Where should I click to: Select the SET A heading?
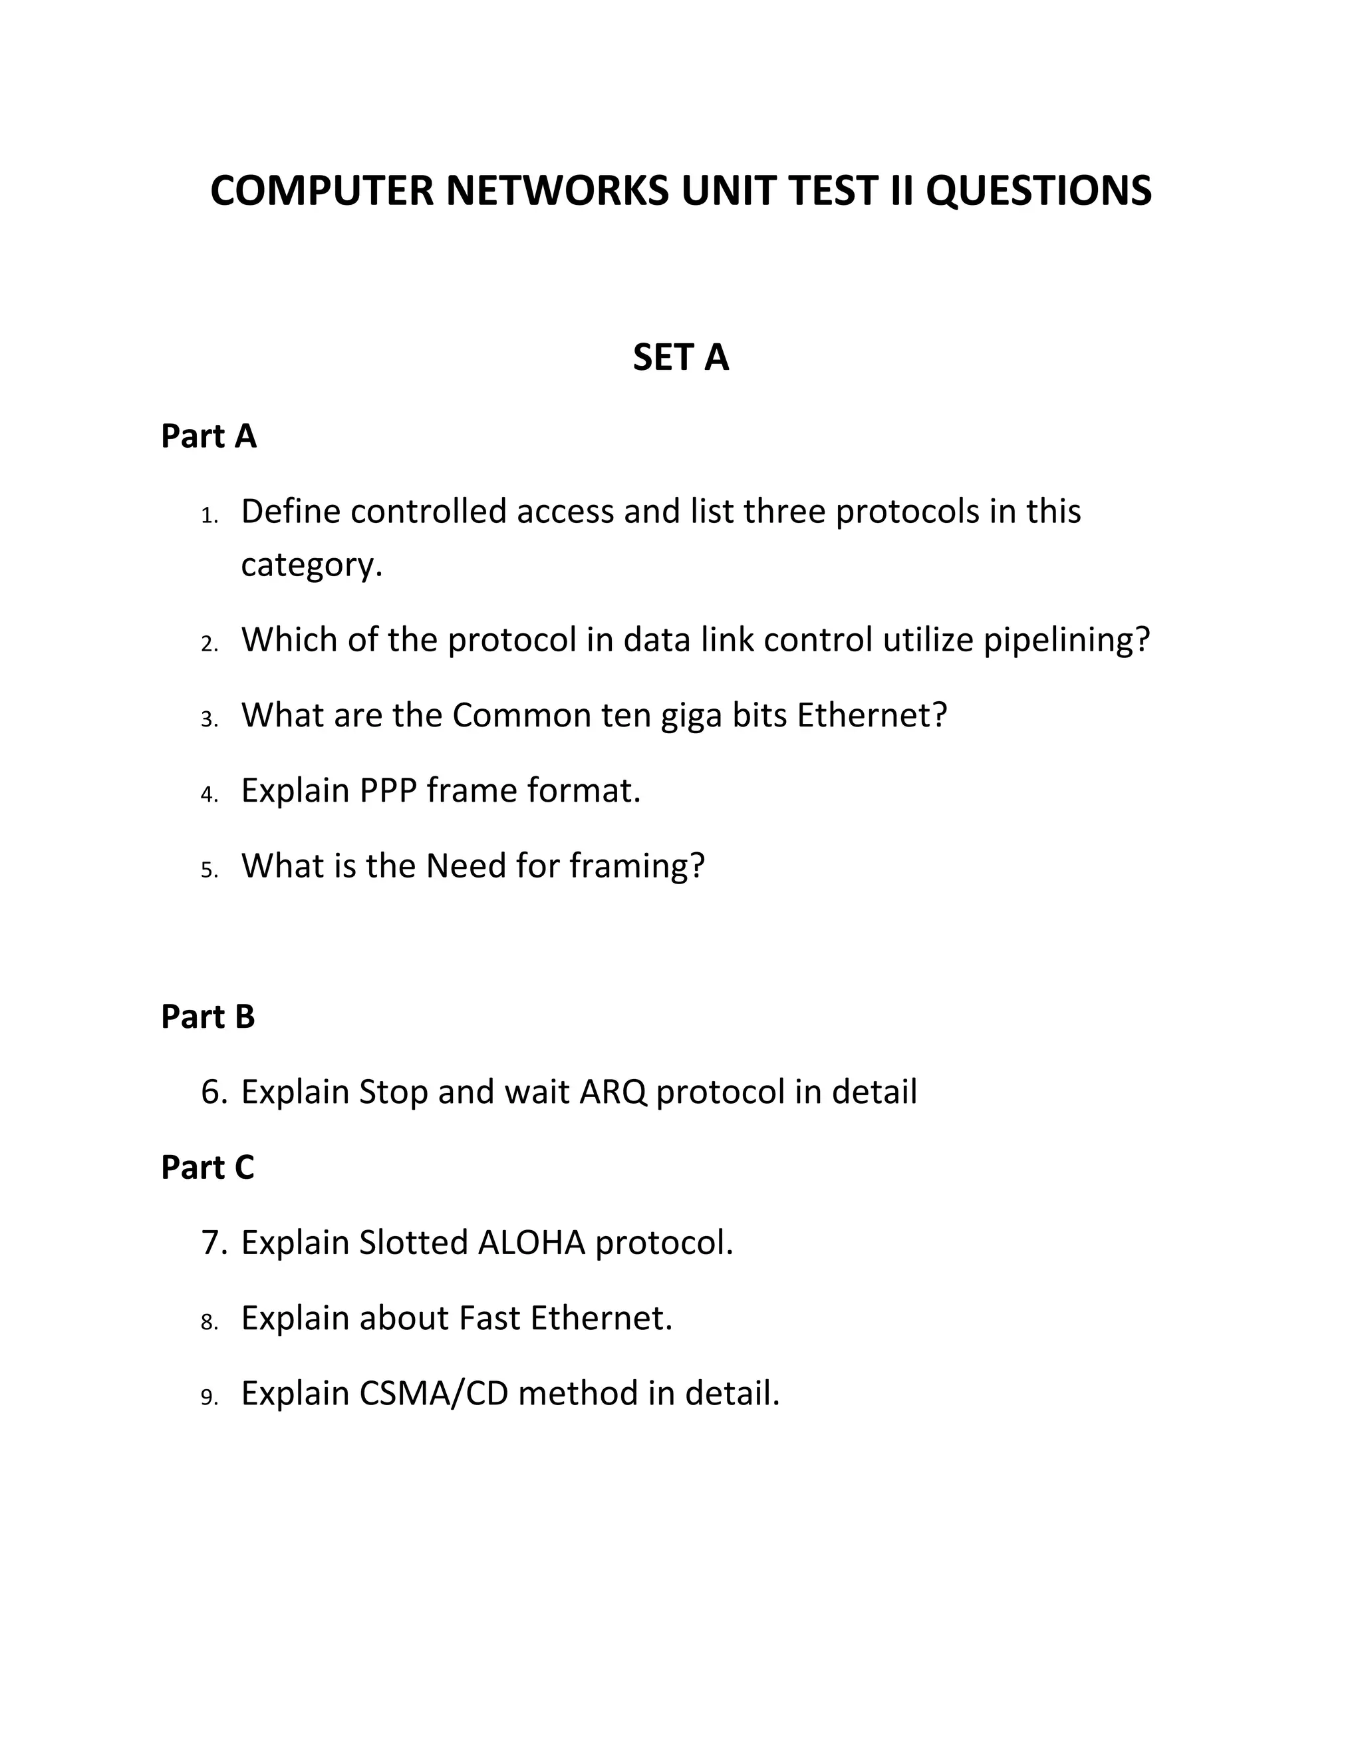click(x=680, y=358)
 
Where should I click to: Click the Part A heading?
click(x=208, y=436)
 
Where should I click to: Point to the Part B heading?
click(x=207, y=1017)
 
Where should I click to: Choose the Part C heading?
click(x=207, y=1168)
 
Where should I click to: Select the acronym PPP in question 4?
click(x=387, y=790)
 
